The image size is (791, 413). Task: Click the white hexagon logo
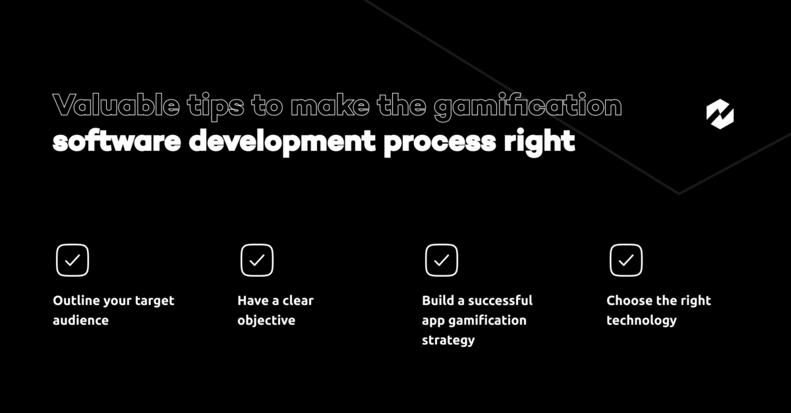[720, 114]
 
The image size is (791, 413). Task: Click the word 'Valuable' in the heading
[116, 105]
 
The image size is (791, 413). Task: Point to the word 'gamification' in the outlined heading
[527, 107]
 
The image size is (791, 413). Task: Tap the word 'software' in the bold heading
[117, 141]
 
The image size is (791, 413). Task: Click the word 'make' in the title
[330, 105]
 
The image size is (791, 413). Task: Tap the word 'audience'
[81, 320]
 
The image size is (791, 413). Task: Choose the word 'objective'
[266, 321]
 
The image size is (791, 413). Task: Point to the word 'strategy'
[448, 341]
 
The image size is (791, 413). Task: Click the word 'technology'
[641, 321]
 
